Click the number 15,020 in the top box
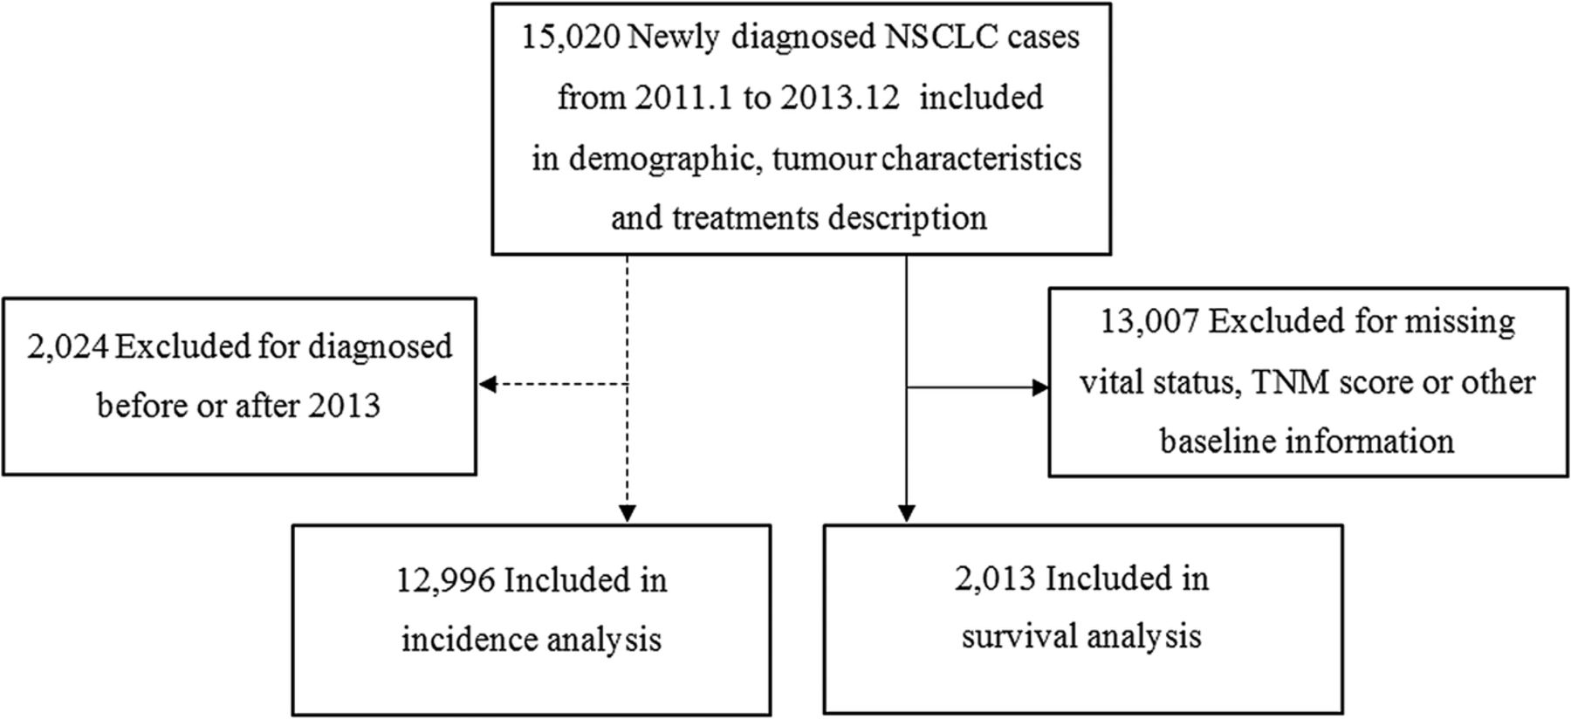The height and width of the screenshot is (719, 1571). (x=571, y=38)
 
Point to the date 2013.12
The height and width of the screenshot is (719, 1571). (x=840, y=97)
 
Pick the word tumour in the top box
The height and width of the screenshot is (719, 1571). (x=824, y=159)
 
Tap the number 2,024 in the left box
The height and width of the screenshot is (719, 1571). (x=68, y=347)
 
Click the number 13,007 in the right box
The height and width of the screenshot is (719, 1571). (x=1149, y=322)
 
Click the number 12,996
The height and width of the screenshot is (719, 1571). (x=446, y=580)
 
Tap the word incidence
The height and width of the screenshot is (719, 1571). (x=470, y=640)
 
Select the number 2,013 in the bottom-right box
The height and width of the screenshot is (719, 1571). (x=996, y=579)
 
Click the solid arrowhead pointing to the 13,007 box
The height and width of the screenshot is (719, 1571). (x=1040, y=387)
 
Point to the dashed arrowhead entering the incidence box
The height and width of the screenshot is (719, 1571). (x=628, y=514)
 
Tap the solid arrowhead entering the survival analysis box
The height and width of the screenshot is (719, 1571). (x=907, y=513)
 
